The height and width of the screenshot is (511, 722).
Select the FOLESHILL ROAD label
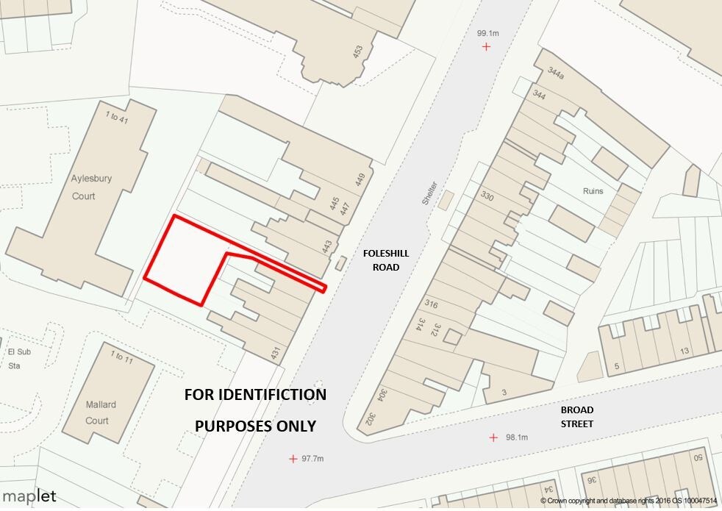386,260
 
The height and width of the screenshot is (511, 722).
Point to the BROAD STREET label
576,416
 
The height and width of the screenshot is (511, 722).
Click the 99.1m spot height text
487,33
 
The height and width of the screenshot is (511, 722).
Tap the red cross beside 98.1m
493,437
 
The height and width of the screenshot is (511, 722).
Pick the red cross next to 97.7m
293,459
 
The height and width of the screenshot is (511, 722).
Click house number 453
358,52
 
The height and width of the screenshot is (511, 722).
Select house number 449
360,180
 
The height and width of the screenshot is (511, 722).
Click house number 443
328,247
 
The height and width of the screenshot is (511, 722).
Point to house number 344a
556,74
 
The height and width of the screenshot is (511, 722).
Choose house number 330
487,196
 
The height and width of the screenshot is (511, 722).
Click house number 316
431,304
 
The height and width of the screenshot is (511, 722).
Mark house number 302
371,421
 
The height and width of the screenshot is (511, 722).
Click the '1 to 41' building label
116,116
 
